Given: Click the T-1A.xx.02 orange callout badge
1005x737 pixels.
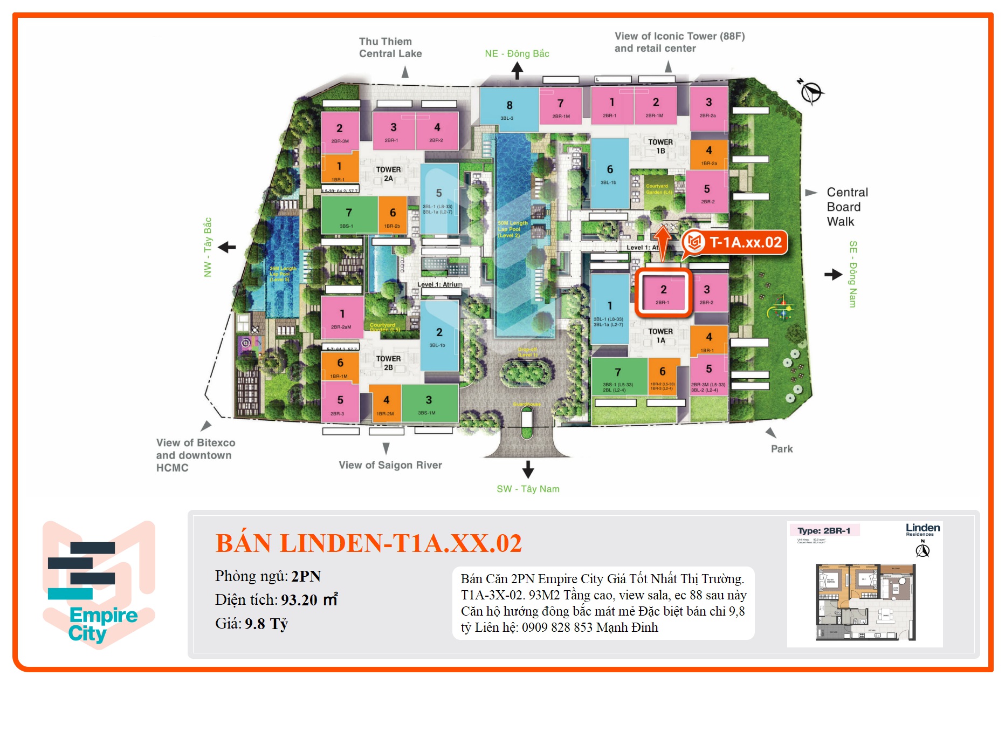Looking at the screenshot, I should tap(736, 243).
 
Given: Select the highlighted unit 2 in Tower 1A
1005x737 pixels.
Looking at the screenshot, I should tap(663, 293).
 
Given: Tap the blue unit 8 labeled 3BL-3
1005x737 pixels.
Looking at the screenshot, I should tap(508, 110).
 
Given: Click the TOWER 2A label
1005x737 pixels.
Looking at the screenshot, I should tap(388, 174).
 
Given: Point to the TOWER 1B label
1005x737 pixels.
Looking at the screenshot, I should tap(660, 146).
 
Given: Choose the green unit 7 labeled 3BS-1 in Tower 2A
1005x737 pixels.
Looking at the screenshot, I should tap(348, 215).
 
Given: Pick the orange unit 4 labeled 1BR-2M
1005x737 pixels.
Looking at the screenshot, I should tap(386, 404).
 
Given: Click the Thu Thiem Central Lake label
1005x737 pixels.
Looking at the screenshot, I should tap(390, 47).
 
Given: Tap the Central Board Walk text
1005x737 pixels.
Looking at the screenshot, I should tap(847, 207).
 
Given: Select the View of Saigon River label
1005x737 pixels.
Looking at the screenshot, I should tap(390, 465).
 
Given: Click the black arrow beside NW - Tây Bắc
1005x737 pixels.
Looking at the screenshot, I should tap(227, 248).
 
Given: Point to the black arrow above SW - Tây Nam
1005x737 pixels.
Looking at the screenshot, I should tap(528, 469).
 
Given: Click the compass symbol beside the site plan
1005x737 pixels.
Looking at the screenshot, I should tap(810, 92).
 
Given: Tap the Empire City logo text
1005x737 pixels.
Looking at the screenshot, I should tap(102, 624).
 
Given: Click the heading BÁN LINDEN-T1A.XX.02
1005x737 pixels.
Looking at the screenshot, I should tap(368, 543).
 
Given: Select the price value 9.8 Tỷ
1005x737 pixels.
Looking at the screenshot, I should tap(266, 624).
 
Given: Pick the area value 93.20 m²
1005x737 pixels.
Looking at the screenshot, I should tap(309, 600).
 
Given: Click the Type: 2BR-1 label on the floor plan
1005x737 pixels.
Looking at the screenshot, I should tap(823, 530).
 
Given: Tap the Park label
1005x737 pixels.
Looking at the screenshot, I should tap(781, 449).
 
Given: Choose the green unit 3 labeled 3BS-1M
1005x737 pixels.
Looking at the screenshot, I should tap(429, 404).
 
